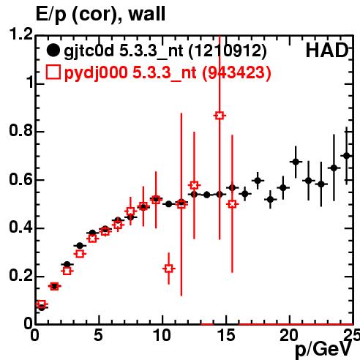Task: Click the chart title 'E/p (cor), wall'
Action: point(100,15)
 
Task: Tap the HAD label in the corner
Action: point(327,50)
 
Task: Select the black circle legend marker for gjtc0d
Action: point(53,50)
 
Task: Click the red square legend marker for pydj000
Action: point(53,72)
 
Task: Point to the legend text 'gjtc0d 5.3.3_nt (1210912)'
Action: point(165,51)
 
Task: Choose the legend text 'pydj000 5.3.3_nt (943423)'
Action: point(168,73)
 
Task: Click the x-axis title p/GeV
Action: point(323,350)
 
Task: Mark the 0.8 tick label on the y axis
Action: point(20,130)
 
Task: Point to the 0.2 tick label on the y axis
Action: point(20,276)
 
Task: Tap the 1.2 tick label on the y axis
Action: point(20,34)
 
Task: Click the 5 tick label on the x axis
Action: point(98,335)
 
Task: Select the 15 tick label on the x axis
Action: point(227,335)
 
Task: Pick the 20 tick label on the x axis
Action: point(289,335)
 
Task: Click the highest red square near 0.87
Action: point(220,116)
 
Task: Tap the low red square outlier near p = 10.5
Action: point(169,269)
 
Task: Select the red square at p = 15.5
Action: point(232,204)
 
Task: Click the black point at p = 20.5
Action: point(296,162)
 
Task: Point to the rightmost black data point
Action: point(347,156)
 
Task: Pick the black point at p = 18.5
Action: point(270,200)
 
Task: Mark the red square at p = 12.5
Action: point(194,185)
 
